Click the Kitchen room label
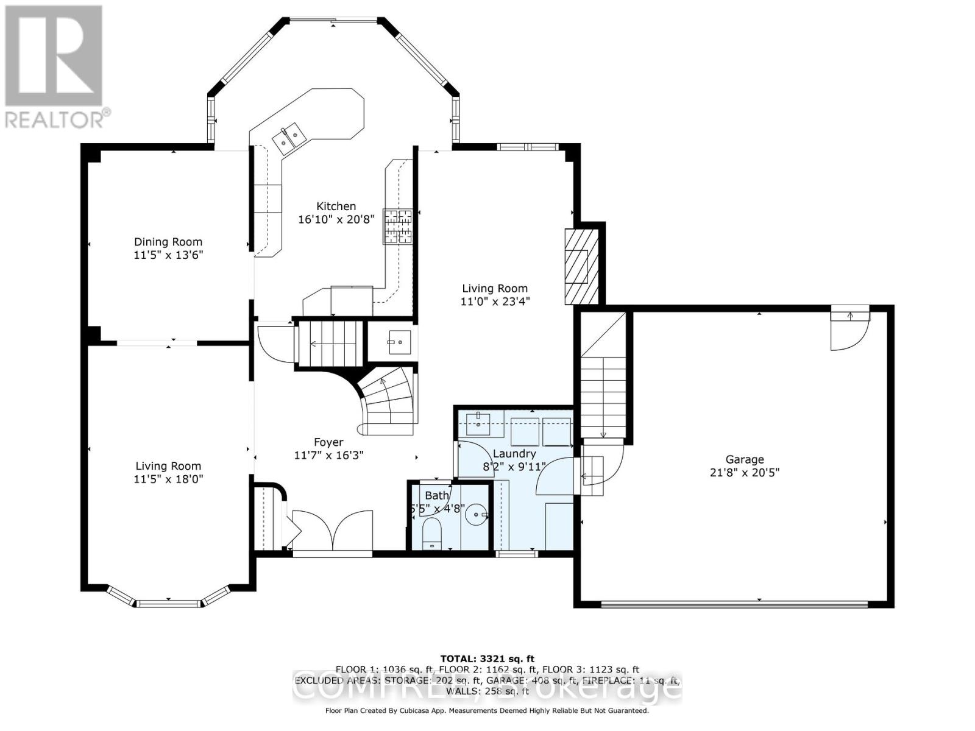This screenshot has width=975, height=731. tap(336, 207)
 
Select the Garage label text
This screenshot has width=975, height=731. tap(744, 459)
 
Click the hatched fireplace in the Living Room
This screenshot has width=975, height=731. tap(576, 266)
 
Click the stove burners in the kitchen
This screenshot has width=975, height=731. tap(397, 226)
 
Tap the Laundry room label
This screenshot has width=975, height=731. tap(514, 454)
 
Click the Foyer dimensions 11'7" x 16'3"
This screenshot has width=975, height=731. tap(328, 455)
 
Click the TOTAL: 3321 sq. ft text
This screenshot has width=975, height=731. tap(487, 659)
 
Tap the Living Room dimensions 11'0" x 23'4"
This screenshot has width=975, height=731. tap(494, 301)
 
